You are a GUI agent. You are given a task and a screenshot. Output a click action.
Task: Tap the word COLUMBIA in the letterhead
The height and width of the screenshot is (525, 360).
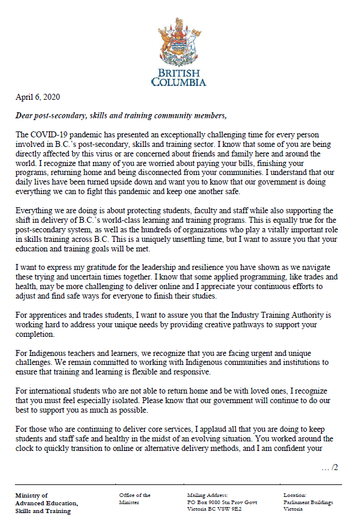(x=179, y=82)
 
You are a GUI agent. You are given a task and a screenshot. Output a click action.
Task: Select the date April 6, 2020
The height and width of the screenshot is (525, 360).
(x=38, y=97)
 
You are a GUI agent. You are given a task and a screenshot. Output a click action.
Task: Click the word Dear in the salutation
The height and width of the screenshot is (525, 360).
(x=26, y=115)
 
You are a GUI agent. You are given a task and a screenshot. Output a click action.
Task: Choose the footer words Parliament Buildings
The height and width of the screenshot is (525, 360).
(x=308, y=503)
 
